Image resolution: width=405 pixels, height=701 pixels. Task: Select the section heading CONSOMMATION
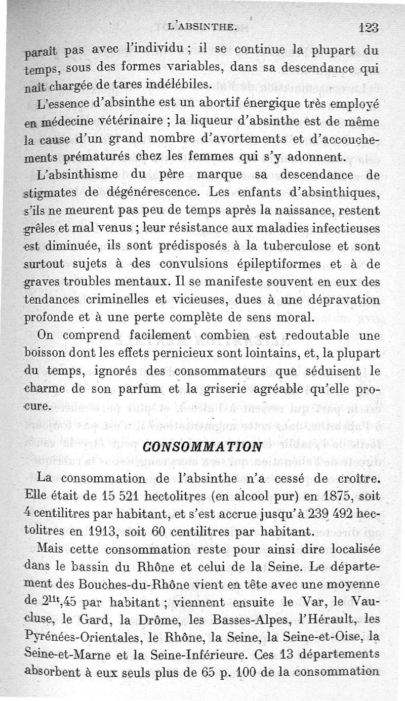(202, 446)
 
